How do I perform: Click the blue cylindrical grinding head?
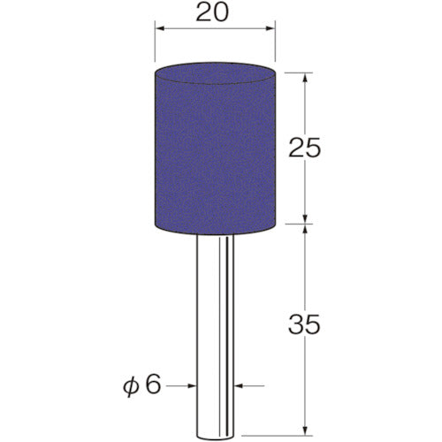[214, 150]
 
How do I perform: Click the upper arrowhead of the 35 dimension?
[306, 229]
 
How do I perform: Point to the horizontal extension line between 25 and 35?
[292, 223]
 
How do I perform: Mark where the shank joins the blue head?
[214, 235]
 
